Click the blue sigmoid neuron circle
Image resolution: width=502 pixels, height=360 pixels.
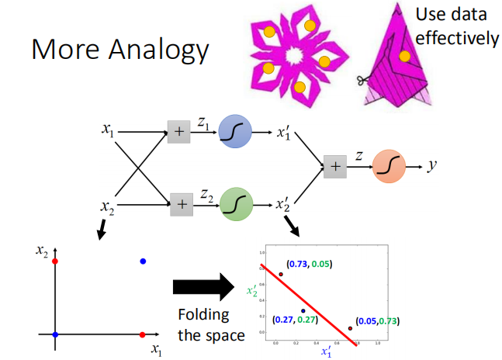click(x=235, y=133)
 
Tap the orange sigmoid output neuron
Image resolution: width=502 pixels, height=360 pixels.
click(x=389, y=166)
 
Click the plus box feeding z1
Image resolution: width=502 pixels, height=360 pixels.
click(x=178, y=133)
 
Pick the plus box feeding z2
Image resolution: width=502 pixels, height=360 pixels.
click(x=179, y=204)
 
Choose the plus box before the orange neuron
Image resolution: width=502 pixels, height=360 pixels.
click(x=335, y=166)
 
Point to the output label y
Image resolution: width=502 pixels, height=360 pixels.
click(x=432, y=166)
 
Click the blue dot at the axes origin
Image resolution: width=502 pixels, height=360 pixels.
click(x=55, y=334)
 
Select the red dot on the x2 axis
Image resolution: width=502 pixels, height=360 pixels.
click(x=55, y=261)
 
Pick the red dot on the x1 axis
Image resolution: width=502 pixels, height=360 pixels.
click(x=143, y=334)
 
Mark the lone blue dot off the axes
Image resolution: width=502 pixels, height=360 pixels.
click(x=143, y=261)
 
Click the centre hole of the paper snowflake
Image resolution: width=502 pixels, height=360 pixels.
click(x=296, y=56)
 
